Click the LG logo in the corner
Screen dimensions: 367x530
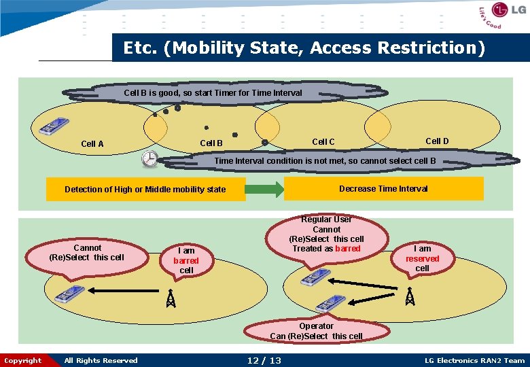(x=503, y=15)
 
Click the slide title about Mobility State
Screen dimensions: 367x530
(x=304, y=48)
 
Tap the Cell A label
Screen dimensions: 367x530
(x=92, y=143)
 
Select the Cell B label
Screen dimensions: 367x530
(x=211, y=143)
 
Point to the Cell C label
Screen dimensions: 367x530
(x=323, y=141)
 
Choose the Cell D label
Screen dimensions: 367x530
(x=437, y=141)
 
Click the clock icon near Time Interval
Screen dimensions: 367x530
(x=149, y=158)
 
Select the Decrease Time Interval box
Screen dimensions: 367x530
(x=383, y=188)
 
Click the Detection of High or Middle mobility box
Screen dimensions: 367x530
(x=145, y=190)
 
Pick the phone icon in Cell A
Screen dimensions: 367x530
(x=52, y=127)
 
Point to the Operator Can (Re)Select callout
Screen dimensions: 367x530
(x=317, y=330)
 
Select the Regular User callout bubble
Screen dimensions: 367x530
(x=326, y=234)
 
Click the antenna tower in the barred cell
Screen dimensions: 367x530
(x=171, y=298)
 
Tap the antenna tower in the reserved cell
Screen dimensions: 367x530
(x=409, y=296)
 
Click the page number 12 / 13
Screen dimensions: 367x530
(x=264, y=360)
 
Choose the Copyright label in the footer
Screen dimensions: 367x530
(x=23, y=360)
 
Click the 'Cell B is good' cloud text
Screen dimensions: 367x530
(x=213, y=92)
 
